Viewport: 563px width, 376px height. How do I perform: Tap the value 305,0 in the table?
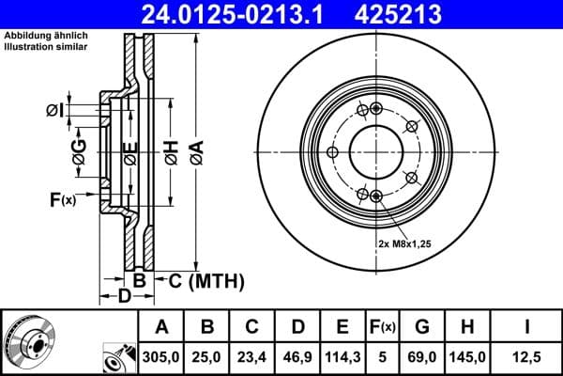[x=161, y=358]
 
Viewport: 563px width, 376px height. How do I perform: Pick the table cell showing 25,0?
[x=207, y=358]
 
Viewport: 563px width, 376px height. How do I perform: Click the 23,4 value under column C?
[x=252, y=358]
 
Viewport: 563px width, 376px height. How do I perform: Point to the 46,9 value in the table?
[x=297, y=358]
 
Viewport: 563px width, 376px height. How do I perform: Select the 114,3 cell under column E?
[x=342, y=358]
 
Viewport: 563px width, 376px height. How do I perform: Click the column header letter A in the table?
[x=161, y=327]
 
